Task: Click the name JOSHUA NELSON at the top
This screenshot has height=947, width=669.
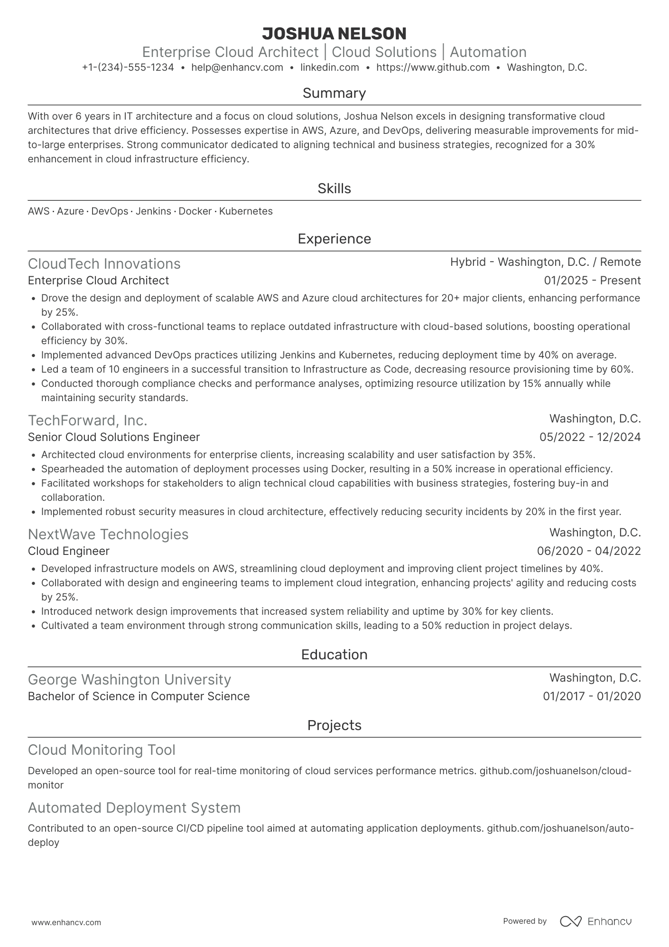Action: tap(334, 34)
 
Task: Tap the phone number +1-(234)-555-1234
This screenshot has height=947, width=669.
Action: tap(128, 67)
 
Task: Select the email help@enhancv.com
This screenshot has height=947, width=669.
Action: tap(237, 67)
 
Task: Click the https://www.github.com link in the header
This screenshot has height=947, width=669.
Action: tap(433, 67)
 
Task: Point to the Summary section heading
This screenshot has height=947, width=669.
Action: tap(334, 93)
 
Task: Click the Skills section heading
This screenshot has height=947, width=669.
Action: tap(334, 188)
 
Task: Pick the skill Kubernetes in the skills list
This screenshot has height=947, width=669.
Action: tap(246, 211)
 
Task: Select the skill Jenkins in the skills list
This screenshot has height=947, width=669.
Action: tap(153, 211)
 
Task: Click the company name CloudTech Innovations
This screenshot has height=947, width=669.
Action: tap(104, 264)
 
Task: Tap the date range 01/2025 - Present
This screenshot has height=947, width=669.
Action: tap(592, 281)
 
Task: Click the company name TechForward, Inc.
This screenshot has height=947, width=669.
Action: tap(88, 421)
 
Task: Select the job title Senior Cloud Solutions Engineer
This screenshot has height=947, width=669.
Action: tap(114, 437)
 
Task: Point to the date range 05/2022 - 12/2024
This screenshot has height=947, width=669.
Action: tap(590, 437)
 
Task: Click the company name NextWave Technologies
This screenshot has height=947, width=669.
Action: tap(108, 534)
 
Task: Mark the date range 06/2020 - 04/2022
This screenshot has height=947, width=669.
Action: tap(589, 551)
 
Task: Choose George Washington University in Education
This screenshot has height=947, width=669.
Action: tap(130, 680)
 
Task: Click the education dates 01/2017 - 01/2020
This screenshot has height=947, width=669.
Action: tap(592, 696)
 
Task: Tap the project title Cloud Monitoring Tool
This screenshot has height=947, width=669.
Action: tap(102, 750)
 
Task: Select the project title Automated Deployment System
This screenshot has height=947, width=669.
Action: tap(134, 808)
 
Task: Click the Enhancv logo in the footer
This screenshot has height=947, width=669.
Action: tap(596, 921)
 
